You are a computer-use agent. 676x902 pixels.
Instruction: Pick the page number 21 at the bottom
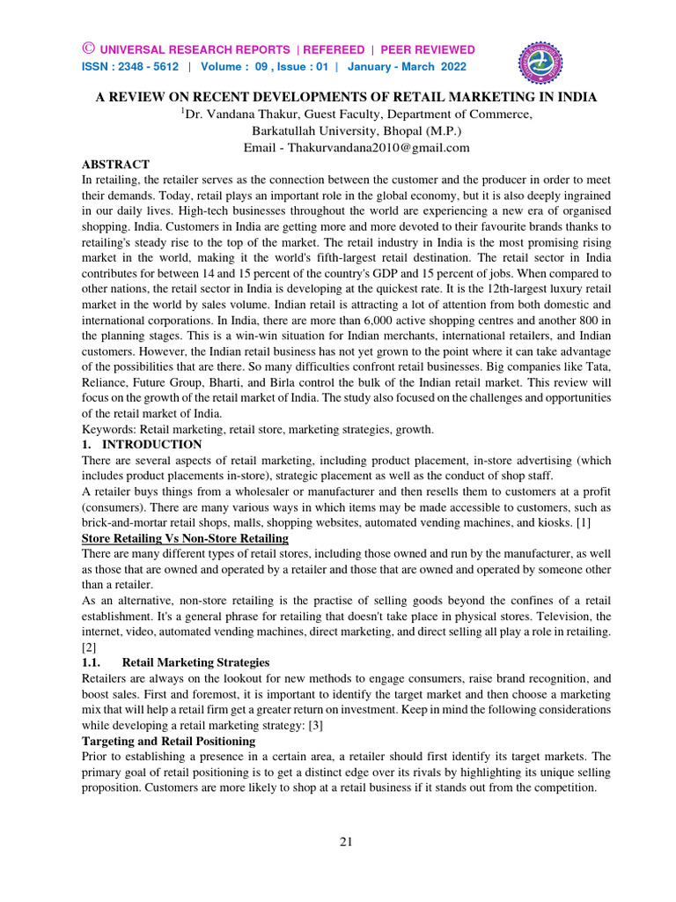coord(346,841)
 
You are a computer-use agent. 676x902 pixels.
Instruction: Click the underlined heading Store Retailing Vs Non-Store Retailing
coord(185,537)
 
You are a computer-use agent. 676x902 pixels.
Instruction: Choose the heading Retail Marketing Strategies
coord(195,661)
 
